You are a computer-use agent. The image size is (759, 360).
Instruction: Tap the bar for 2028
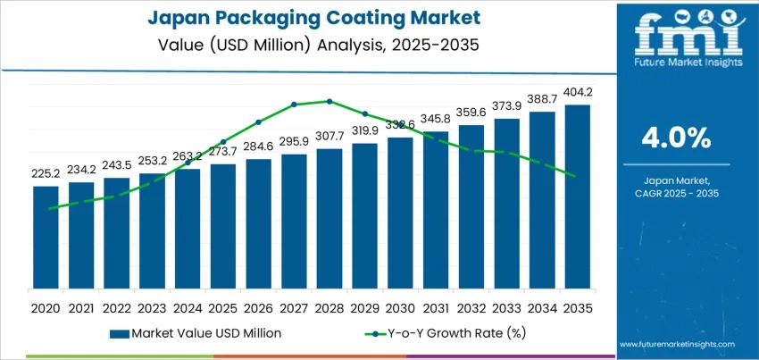(329, 219)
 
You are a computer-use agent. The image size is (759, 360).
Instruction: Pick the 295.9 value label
(294, 141)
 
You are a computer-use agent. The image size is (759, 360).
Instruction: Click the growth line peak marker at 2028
(329, 101)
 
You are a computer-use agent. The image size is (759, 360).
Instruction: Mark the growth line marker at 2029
(364, 113)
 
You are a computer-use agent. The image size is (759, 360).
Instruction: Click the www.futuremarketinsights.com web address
(676, 344)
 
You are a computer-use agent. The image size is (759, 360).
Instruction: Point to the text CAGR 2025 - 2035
(676, 193)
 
